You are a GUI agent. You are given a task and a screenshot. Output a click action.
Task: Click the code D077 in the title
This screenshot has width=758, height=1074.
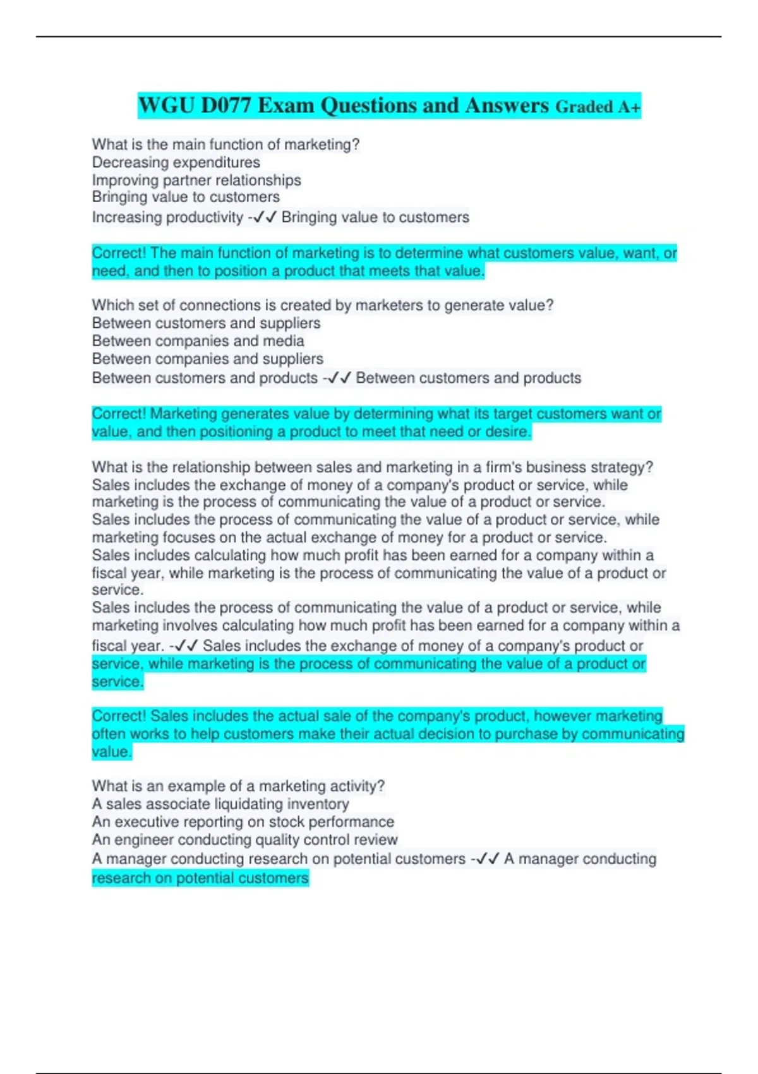coord(226,106)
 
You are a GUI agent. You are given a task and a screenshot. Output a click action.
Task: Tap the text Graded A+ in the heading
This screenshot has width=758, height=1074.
coord(598,107)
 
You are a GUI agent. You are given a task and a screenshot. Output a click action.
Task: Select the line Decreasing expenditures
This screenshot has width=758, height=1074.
coord(176,162)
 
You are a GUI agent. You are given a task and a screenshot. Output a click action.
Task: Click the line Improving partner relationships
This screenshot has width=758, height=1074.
coord(196,180)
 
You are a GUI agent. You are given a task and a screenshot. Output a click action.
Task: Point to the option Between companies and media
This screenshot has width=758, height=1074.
coord(198,341)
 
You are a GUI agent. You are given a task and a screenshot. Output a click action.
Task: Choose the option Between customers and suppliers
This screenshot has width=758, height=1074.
coord(206,323)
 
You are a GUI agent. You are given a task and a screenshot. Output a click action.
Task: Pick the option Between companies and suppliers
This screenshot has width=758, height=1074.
coord(207,359)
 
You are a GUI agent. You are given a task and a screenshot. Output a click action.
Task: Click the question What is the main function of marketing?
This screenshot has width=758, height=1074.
coord(226,145)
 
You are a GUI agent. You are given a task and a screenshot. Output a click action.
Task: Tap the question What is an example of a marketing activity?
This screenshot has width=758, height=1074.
coord(238,786)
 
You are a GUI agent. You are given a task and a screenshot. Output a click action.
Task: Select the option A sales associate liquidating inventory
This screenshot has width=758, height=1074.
coord(220,804)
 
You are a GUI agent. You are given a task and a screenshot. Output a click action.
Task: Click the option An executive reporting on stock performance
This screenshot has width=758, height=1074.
coord(243,822)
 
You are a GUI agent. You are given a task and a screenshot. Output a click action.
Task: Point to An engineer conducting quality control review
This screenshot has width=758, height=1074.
coord(244,840)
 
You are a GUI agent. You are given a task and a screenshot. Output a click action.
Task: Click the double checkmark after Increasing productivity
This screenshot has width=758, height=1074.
coord(265,218)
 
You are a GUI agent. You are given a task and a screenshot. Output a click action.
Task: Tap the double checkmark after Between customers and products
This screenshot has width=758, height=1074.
coord(339,378)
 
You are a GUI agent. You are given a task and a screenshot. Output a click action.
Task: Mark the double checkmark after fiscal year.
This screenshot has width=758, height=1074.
coord(186,646)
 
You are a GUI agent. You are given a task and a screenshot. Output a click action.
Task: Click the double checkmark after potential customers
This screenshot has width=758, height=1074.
coord(488,859)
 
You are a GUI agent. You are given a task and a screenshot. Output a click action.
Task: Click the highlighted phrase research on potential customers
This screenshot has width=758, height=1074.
coord(200,878)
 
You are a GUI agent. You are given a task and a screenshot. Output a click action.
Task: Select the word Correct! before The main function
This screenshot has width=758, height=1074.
coord(119,253)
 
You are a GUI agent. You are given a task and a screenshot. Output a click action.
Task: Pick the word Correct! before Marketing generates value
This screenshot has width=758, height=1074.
coord(119,414)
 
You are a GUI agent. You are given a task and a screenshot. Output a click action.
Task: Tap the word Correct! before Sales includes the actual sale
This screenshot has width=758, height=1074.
coord(119,716)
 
